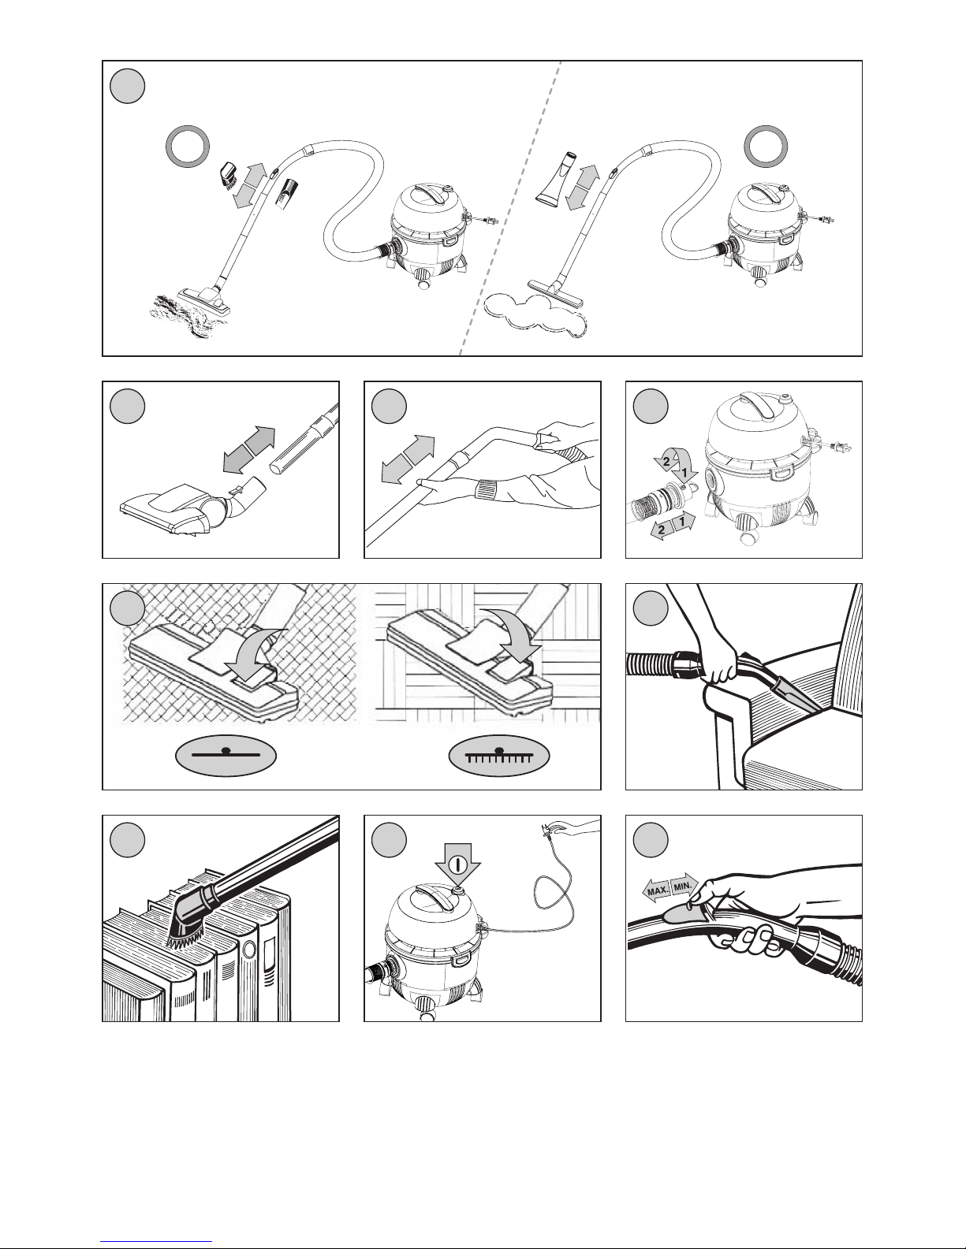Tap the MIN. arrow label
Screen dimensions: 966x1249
coord(684,885)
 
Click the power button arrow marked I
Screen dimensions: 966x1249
coord(457,864)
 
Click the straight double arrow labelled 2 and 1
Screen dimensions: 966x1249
coord(673,526)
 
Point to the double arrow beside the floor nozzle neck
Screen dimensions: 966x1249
coord(249,450)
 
